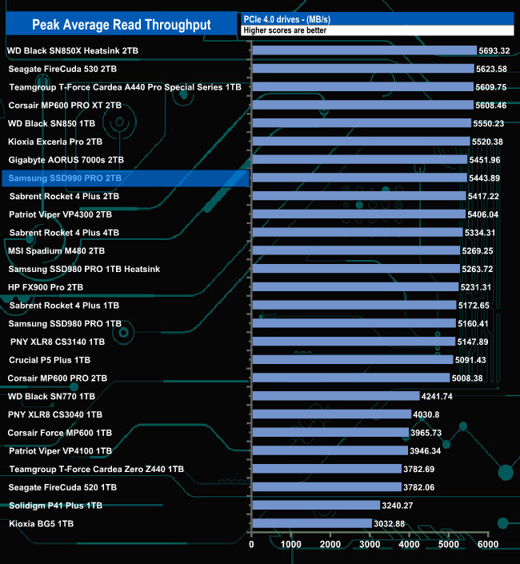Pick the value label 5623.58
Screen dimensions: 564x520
[x=494, y=69]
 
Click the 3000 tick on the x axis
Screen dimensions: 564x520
[x=370, y=545]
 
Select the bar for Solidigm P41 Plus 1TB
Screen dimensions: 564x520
[x=315, y=505]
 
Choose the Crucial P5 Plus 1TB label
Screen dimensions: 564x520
[x=50, y=360]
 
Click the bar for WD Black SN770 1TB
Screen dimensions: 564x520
[x=335, y=396]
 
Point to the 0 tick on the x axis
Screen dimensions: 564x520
[x=252, y=545]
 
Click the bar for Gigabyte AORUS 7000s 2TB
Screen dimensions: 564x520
[x=359, y=159]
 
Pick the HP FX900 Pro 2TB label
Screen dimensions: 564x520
[x=46, y=286]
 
